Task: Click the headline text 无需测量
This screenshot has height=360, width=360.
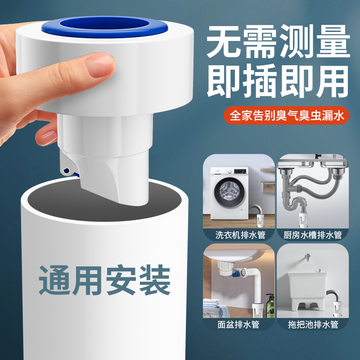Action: click(x=278, y=43)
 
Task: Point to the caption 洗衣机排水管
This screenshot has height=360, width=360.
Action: click(x=238, y=234)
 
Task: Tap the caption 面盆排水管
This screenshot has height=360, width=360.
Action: click(x=238, y=324)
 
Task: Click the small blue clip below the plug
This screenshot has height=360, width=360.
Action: click(x=67, y=170)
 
